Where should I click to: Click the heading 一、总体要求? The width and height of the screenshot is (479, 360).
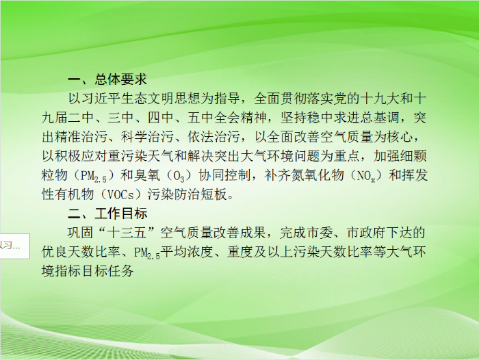coord(107,79)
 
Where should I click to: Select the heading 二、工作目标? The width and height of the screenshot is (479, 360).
coord(107,214)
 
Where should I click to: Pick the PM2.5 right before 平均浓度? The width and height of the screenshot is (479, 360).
coord(147,253)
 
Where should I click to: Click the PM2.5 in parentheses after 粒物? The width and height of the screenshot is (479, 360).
coord(94,176)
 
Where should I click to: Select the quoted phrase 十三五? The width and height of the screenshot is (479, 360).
coord(127,233)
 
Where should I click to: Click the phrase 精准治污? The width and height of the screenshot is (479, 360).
coord(81,137)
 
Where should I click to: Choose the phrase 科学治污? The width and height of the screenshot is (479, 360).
coord(147,137)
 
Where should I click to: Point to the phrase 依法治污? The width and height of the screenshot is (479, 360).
coord(213,137)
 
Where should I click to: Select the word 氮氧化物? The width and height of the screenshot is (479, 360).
coord(318,175)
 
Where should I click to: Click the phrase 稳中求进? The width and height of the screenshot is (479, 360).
coord(333,118)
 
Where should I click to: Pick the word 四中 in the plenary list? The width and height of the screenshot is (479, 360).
coord(160,118)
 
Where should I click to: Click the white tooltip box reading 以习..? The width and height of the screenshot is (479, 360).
coord(14,246)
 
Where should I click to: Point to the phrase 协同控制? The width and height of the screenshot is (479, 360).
coord(224,175)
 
